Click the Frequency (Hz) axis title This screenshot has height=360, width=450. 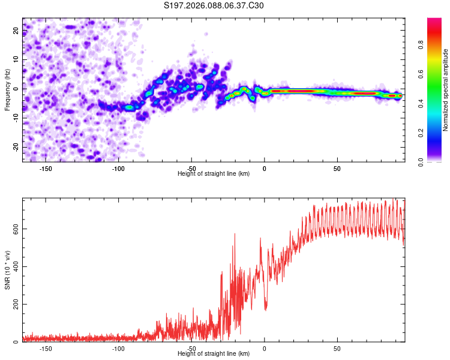(x=7, y=89)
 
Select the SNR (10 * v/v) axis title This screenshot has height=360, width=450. (x=7, y=269)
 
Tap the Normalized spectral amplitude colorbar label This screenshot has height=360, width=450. (x=446, y=90)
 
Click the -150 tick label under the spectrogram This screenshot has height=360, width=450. (x=46, y=168)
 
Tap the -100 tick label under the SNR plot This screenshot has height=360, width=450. (x=118, y=348)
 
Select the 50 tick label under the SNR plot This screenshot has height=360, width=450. (x=337, y=348)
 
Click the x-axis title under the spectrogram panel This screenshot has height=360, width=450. (x=214, y=174)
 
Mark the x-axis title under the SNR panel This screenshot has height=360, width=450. (x=214, y=354)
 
